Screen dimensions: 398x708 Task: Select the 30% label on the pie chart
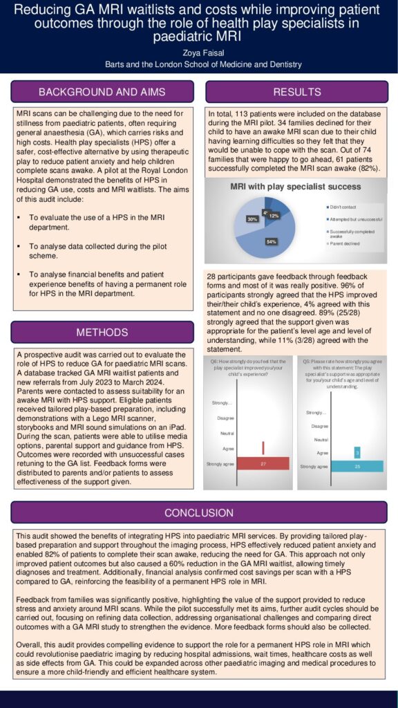pos(252,219)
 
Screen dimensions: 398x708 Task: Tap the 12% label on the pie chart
pos(274,216)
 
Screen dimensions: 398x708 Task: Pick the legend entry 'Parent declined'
pos(343,244)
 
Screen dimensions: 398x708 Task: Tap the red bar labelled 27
pos(263,464)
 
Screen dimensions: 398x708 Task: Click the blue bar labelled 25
pos(357,467)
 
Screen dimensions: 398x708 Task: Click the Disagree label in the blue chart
pos(319,426)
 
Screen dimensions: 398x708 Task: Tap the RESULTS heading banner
pos(297,92)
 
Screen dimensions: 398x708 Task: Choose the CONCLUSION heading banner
pos(199,512)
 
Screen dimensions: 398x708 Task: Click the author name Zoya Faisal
pos(199,52)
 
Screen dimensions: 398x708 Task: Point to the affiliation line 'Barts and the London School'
pos(199,64)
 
